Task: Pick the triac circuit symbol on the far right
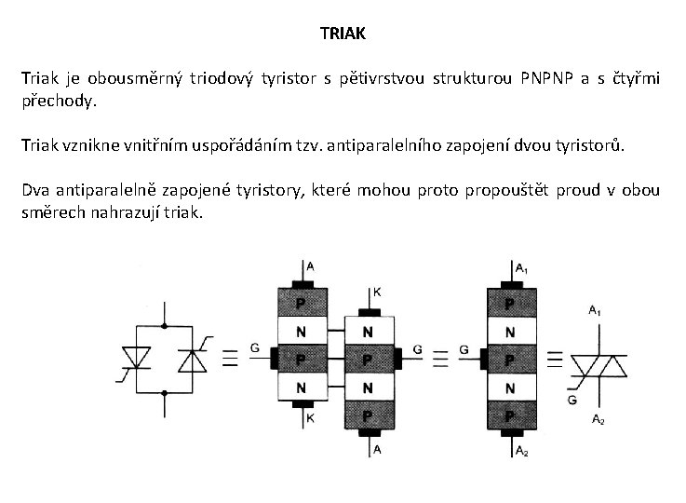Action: [596, 359]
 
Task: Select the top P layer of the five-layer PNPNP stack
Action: [508, 304]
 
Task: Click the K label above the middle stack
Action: [377, 292]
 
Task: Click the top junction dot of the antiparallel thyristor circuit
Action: [165, 325]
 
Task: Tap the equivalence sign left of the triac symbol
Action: [553, 359]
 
